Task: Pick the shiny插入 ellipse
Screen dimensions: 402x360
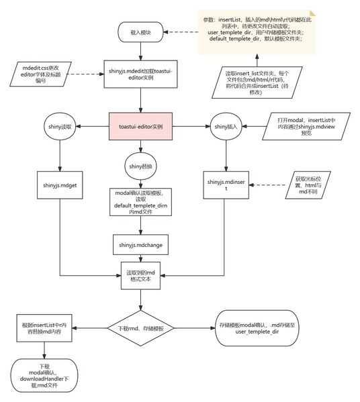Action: [x=224, y=126]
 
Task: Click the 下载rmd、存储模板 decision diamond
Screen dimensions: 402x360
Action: [x=141, y=328]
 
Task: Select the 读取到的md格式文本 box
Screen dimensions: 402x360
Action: [x=141, y=277]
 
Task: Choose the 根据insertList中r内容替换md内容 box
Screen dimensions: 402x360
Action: [x=45, y=328]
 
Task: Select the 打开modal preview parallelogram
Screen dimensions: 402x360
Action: [x=304, y=126]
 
